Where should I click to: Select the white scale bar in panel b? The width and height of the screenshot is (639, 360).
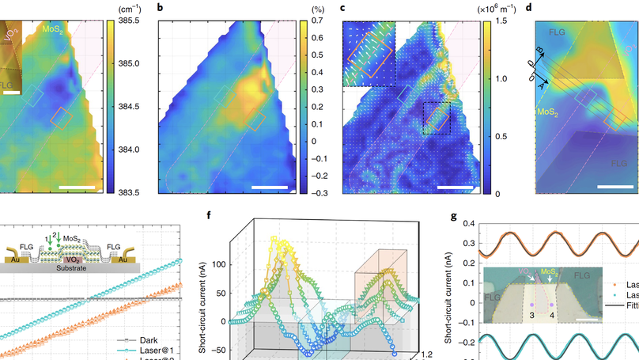[x=268, y=188]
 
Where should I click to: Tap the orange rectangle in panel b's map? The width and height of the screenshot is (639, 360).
[x=256, y=120]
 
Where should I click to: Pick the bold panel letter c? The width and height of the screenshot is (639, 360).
[x=342, y=8]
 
